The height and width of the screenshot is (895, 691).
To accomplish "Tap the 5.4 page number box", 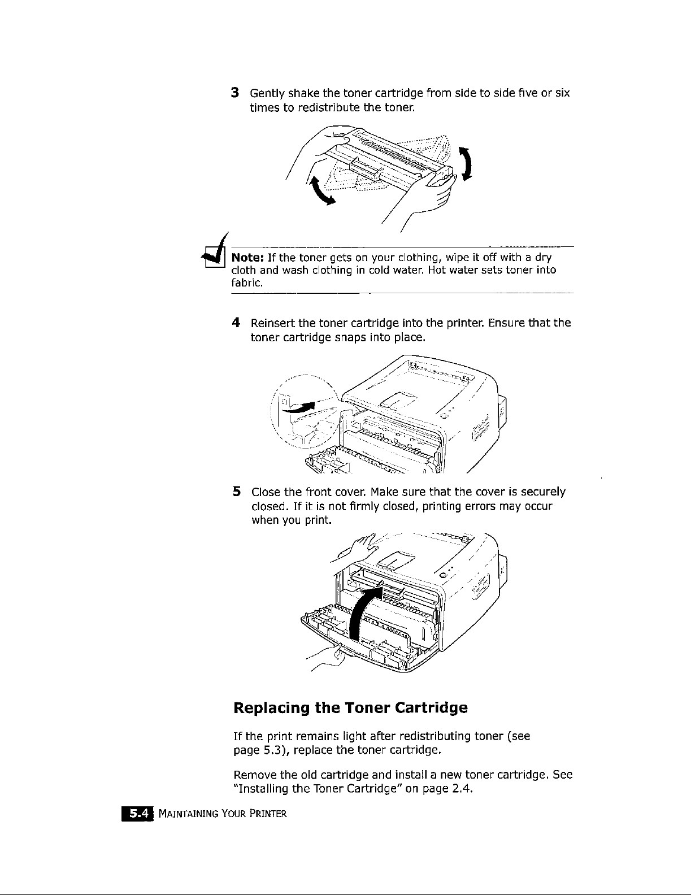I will click(137, 814).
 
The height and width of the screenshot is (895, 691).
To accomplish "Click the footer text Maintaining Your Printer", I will click(223, 814).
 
